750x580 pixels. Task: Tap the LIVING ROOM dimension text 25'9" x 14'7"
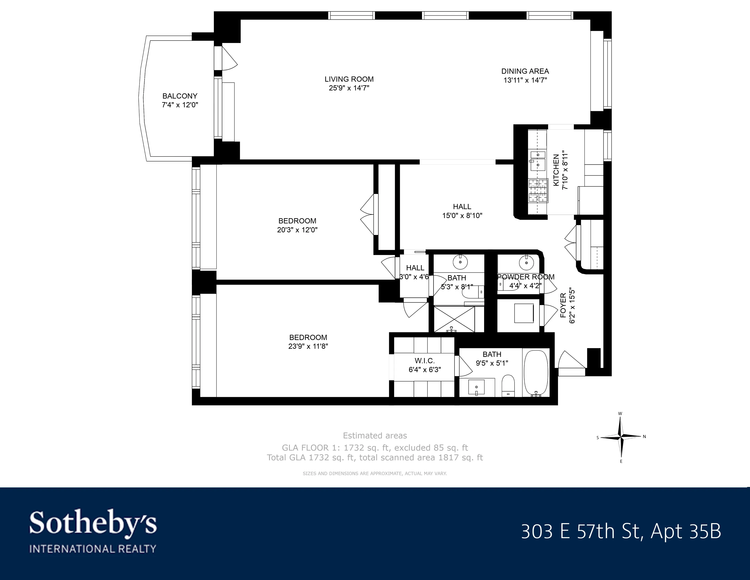coord(349,88)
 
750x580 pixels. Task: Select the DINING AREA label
coord(525,71)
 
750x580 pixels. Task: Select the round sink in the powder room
coord(525,263)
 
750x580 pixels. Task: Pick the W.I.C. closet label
coord(425,361)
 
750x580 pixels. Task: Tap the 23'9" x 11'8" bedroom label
coord(308,337)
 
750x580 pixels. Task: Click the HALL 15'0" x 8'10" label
coord(462,207)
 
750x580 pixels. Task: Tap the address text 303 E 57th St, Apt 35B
coord(621,531)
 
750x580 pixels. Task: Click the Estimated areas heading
coord(375,436)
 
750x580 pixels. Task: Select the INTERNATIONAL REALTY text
coord(93,549)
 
